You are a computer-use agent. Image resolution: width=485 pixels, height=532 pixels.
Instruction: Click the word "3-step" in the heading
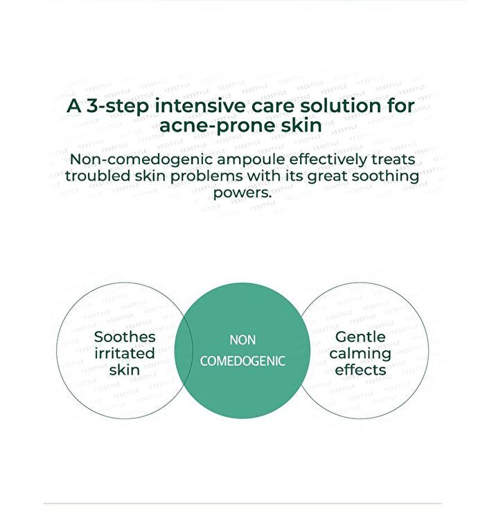[x=117, y=106]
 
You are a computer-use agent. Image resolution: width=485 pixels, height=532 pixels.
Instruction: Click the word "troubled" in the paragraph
[x=98, y=176]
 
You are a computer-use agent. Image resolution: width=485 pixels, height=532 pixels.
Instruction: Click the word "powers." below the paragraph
[x=242, y=193]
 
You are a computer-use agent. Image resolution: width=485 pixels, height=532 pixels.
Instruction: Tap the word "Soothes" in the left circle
[x=125, y=337]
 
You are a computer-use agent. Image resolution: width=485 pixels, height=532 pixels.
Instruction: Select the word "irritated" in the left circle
[x=125, y=353]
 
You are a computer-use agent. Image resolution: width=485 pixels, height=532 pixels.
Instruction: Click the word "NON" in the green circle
[x=242, y=340]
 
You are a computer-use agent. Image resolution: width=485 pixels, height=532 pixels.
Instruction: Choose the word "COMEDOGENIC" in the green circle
[x=242, y=361]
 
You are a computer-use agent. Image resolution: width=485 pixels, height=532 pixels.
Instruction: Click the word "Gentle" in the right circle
[x=360, y=337]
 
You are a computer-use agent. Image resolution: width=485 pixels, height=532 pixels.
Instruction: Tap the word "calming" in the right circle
[x=360, y=354]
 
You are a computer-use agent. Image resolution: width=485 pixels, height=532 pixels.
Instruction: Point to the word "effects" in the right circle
[x=360, y=370]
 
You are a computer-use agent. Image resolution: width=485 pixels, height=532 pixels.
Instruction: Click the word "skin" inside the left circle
[x=125, y=370]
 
